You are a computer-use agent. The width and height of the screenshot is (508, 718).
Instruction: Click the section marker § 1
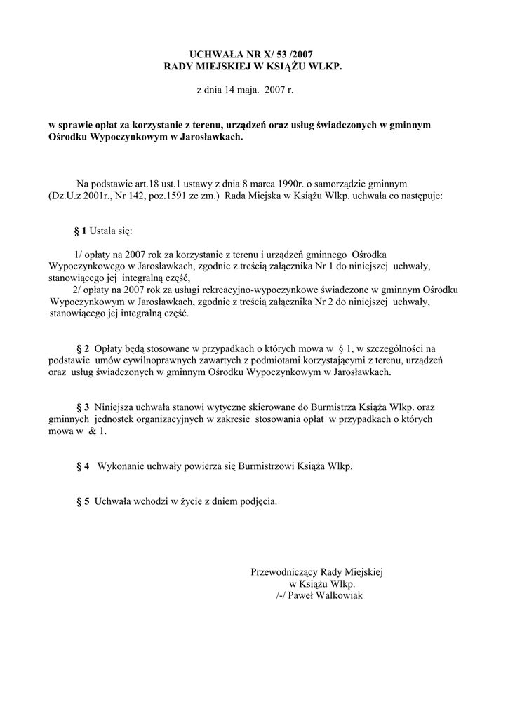80,231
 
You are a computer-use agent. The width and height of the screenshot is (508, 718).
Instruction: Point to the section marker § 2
83,348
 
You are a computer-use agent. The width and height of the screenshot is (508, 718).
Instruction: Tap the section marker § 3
83,407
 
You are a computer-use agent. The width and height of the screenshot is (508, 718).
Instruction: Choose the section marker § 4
83,466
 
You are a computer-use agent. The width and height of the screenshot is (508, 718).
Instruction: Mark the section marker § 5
83,501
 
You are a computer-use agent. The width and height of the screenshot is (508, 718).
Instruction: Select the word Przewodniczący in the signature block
283,572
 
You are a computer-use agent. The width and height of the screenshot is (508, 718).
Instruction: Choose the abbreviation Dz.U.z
58,197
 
